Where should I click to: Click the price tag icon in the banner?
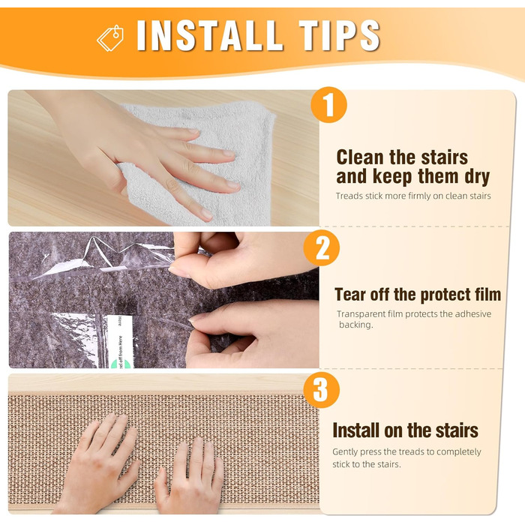coord(110,38)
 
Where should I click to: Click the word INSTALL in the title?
coord(208,35)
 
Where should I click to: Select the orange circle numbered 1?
coord(328,105)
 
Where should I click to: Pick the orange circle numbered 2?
coord(322,247)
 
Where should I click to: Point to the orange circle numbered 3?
coord(322,390)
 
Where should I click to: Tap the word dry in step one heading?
coord(478,177)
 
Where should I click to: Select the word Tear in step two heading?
coord(349,295)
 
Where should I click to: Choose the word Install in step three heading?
coord(356,430)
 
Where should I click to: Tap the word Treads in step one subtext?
coord(349,196)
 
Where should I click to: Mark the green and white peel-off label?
coord(121,341)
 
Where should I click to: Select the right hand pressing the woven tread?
coord(190,478)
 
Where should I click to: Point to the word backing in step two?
coord(355,325)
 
